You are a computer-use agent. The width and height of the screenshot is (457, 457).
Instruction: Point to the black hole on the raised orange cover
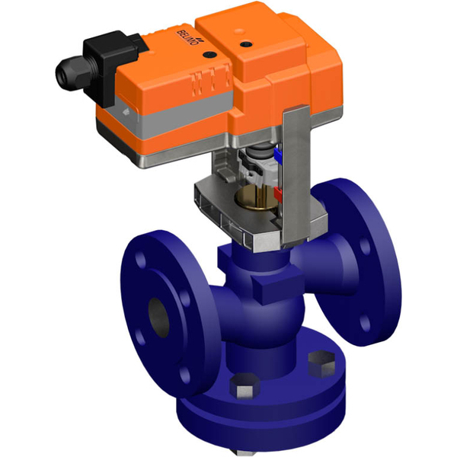click(246, 44)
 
